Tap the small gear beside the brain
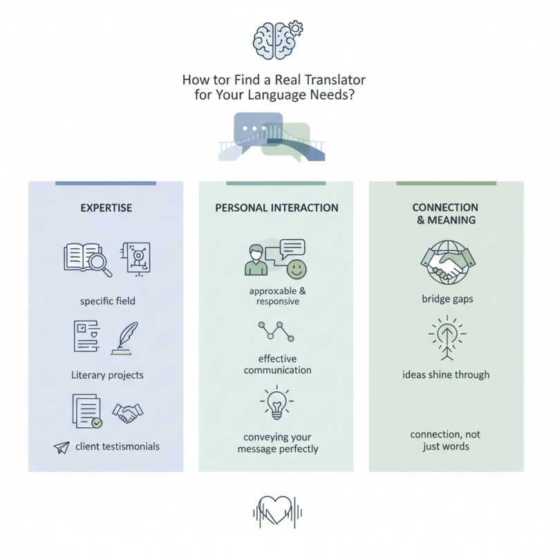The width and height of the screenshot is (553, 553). click(x=297, y=28)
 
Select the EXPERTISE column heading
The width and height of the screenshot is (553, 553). click(x=106, y=207)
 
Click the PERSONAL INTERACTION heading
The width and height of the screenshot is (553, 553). click(x=276, y=207)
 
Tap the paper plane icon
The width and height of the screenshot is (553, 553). click(x=62, y=447)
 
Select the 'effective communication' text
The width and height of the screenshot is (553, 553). click(x=276, y=364)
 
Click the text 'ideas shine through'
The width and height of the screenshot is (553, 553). click(x=446, y=375)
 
